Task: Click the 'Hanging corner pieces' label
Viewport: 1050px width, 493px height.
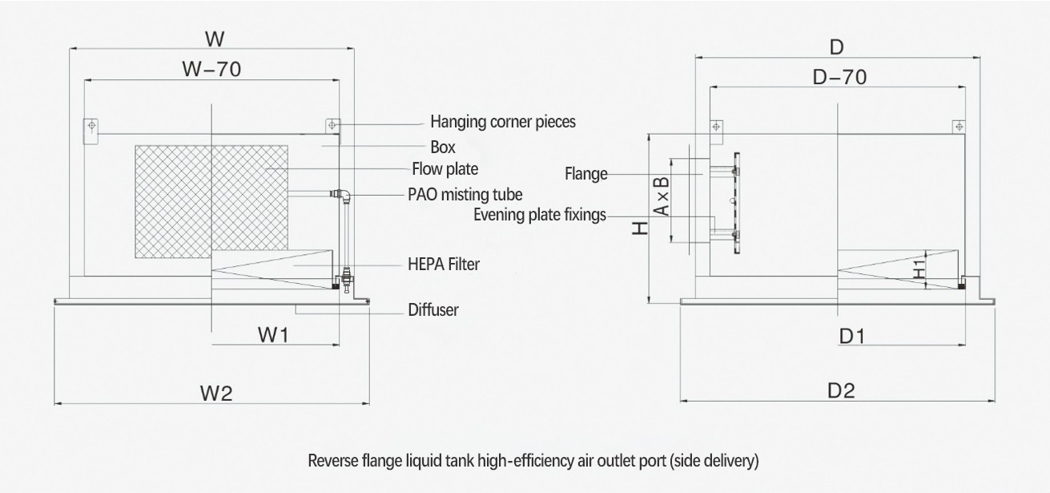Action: [x=502, y=122]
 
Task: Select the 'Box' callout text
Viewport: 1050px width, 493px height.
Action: [x=442, y=147]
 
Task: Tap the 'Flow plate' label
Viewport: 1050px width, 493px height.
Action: [x=445, y=169]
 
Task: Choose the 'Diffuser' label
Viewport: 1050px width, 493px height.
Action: [x=432, y=309]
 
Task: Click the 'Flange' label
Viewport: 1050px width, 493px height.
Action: [x=585, y=173]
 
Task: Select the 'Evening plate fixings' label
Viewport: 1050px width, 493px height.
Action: [x=539, y=215]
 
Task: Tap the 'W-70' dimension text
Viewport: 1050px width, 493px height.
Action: [x=211, y=69]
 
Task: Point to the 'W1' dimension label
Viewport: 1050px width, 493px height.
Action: [x=273, y=335]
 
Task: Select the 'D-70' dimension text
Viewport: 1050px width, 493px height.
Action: [x=839, y=77]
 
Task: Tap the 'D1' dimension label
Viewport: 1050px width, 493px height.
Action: [x=852, y=336]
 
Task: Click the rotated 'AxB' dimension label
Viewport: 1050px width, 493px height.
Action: [x=661, y=196]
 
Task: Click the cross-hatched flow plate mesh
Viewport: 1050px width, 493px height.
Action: [x=211, y=201]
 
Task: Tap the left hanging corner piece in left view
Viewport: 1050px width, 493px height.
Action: [x=92, y=127]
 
